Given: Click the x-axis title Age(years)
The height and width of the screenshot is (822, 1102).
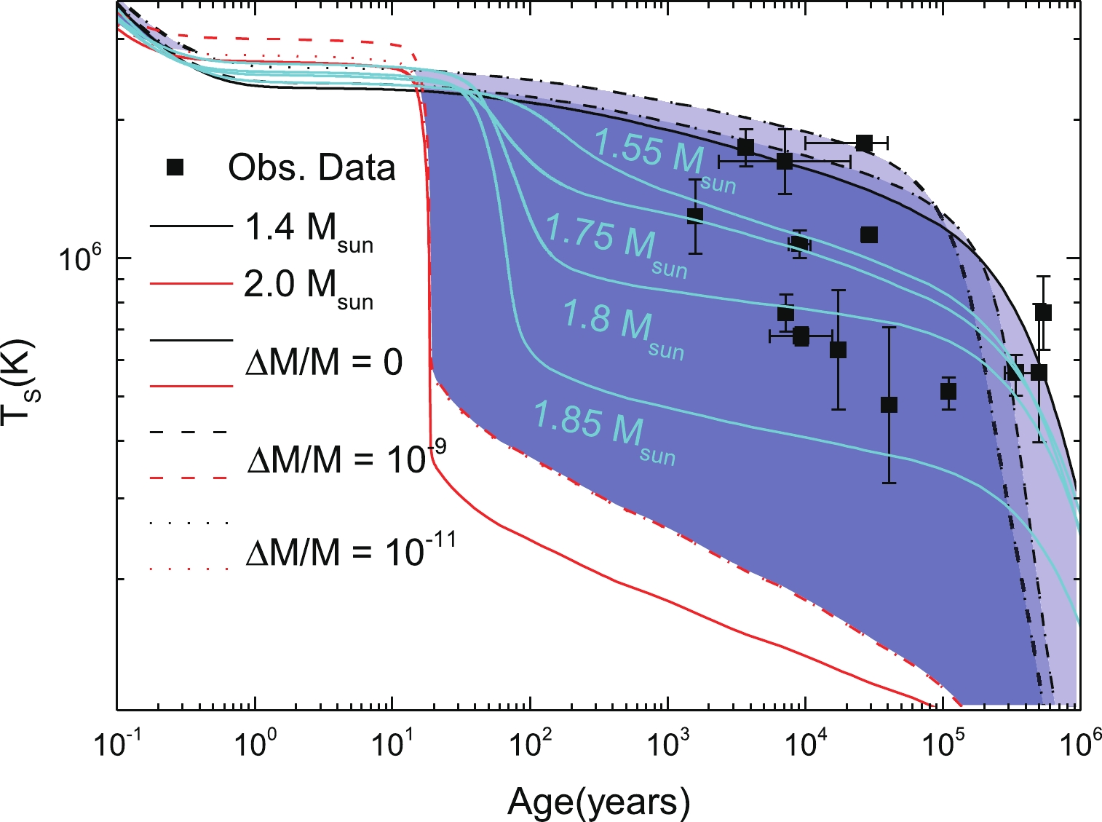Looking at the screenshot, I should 598,802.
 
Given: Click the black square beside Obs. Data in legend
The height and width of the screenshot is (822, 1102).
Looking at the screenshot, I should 175,167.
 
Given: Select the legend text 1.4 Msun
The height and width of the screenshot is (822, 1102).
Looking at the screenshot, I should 309,231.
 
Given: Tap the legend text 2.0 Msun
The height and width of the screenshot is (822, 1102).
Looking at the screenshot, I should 309,288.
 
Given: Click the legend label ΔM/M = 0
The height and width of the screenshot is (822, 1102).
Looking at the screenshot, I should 325,362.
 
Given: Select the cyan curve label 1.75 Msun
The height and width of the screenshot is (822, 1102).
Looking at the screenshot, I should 616,242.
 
